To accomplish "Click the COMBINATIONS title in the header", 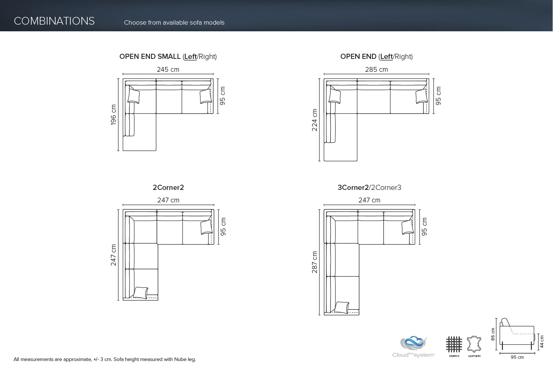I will [x=54, y=21].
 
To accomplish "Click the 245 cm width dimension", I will [x=168, y=70].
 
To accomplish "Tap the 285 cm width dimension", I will [x=376, y=70].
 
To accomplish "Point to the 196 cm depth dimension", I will [x=113, y=115].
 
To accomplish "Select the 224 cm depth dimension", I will [x=315, y=120].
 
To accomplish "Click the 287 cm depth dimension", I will [x=315, y=262].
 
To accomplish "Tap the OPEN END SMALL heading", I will [x=150, y=57].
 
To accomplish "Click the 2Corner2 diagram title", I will [x=168, y=188].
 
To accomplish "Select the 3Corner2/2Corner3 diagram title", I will [x=370, y=188].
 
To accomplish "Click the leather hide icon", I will [x=474, y=345].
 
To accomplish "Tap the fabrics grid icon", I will [x=454, y=344].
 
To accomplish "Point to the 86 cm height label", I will [x=493, y=334].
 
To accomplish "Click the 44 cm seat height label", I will [x=542, y=341].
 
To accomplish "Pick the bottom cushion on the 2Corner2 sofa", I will [x=141, y=293].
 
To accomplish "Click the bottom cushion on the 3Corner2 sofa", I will [x=342, y=307].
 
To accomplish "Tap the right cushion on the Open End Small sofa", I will [x=206, y=97].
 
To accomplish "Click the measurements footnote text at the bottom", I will [x=105, y=360].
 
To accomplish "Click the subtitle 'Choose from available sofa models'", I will [x=174, y=23].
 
